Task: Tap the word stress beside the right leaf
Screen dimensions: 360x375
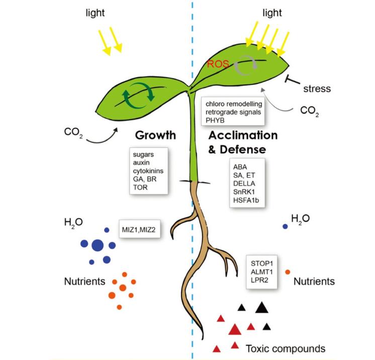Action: click(317, 89)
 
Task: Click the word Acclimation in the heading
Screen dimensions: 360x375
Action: click(243, 136)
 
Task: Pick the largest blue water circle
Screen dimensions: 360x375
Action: click(98, 246)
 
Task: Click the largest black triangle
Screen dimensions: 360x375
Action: click(261, 307)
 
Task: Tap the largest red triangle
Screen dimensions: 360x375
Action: click(234, 329)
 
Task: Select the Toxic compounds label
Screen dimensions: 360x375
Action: click(286, 348)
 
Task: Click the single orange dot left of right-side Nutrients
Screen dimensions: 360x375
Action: click(288, 272)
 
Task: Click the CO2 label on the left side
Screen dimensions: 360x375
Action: click(73, 133)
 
